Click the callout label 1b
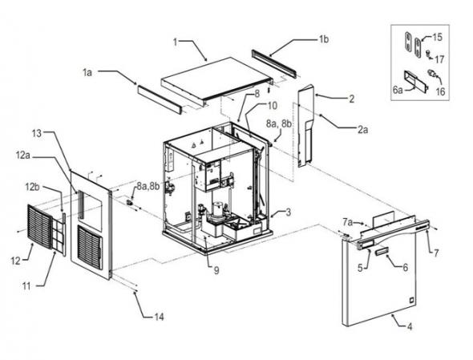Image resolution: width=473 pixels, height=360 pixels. click(324, 39)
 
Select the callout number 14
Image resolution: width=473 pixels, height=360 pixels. click(159, 317)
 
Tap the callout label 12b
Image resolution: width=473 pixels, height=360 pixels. click(32, 187)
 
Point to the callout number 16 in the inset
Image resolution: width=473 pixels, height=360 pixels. click(441, 91)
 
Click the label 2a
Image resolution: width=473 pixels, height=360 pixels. click(363, 130)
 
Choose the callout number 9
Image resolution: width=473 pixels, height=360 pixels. click(216, 271)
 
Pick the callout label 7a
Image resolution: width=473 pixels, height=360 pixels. click(347, 222)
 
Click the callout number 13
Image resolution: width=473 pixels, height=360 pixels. click(37, 133)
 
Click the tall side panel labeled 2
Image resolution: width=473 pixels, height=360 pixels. click(306, 125)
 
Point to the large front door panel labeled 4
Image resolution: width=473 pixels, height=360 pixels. click(379, 281)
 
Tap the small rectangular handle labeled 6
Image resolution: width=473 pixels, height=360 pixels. click(382, 251)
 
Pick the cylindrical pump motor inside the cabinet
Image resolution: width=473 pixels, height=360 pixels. click(218, 210)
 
